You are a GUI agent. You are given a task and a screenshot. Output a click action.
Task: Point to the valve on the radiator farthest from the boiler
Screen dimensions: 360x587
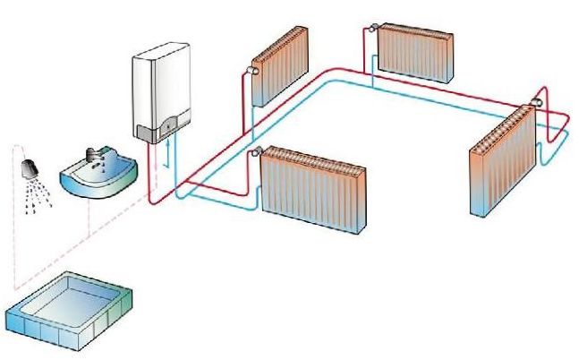pyautogui.click(x=535, y=102)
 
